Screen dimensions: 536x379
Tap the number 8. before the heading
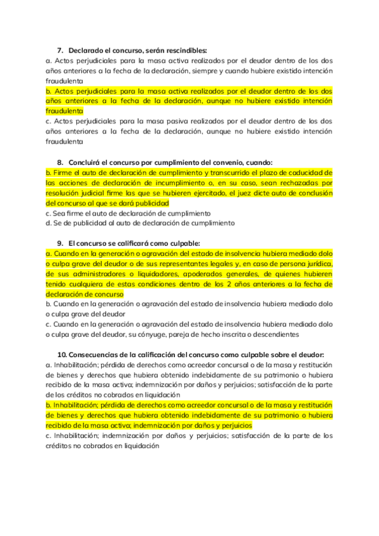click(x=61, y=162)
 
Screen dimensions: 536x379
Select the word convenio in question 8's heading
click(x=220, y=162)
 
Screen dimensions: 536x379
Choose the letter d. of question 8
click(x=49, y=223)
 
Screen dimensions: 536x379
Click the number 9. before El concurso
click(x=61, y=243)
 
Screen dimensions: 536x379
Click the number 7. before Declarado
click(x=61, y=50)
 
